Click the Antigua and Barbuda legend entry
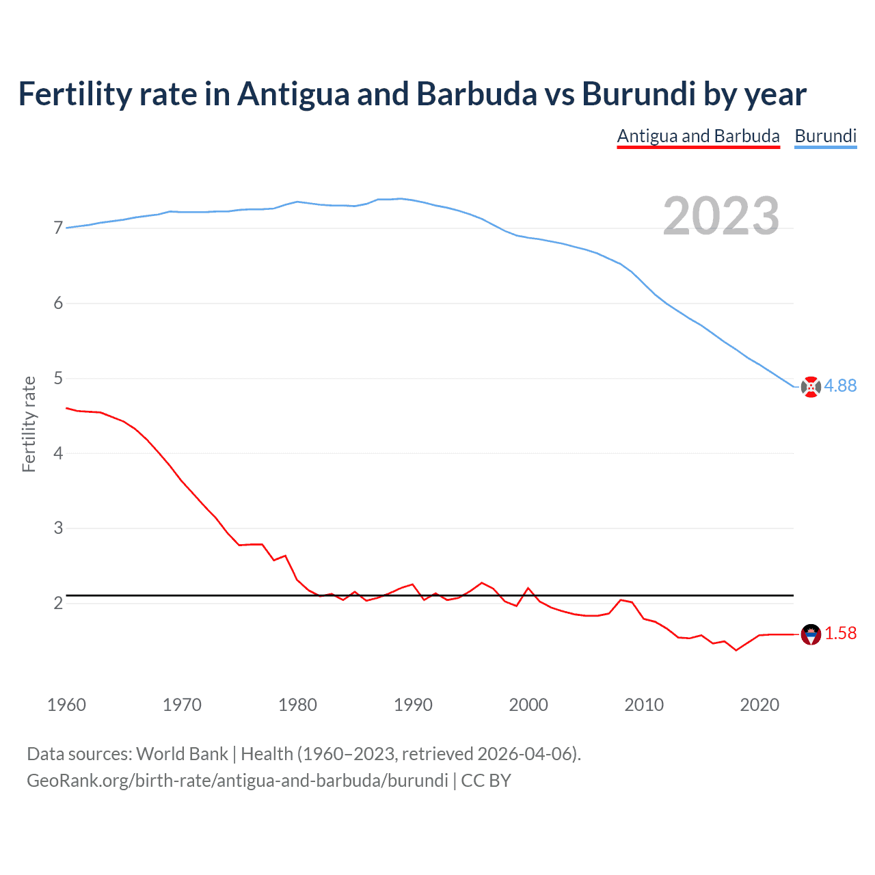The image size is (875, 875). click(698, 136)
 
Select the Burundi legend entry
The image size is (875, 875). click(825, 136)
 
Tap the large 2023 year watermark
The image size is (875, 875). click(721, 216)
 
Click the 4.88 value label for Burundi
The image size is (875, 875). click(840, 386)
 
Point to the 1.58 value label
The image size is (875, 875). click(840, 634)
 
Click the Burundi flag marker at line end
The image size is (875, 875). click(811, 387)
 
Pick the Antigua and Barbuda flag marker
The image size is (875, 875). click(811, 634)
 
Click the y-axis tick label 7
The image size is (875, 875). click(58, 228)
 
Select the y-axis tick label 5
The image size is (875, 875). click(58, 378)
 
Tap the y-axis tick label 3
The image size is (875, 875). click(58, 528)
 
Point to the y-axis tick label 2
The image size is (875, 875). click(58, 603)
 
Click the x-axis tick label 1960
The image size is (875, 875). click(66, 705)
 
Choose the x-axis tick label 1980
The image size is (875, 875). click(297, 705)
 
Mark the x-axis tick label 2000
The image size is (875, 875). click(528, 705)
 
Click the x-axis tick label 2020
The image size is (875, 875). click(759, 705)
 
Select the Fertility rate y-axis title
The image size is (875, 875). click(29, 424)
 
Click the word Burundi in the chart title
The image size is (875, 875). click(638, 94)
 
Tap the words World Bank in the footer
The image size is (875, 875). click(182, 754)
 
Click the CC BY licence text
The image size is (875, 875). click(486, 781)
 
